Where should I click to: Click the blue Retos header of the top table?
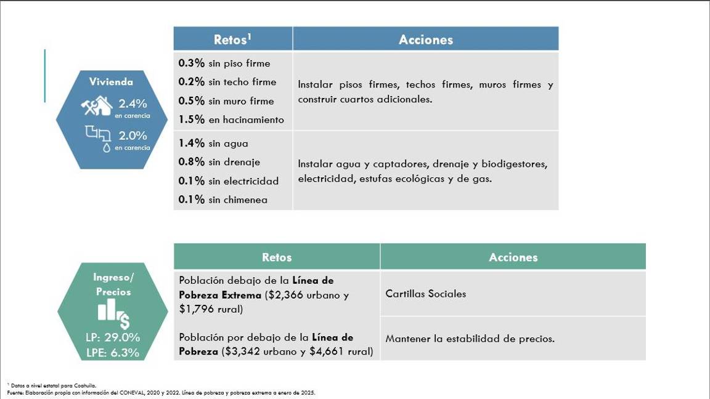[x=232, y=39]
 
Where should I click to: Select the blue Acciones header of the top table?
[x=425, y=39]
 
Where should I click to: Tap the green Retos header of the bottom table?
[x=277, y=257]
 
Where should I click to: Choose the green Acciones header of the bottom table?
[x=513, y=257]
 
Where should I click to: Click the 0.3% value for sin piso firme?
[x=191, y=63]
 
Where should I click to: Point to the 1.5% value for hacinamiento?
[x=191, y=119]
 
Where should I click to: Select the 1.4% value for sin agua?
[x=191, y=143]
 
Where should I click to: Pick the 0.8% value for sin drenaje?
[x=191, y=162]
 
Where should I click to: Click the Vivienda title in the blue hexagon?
[x=111, y=81]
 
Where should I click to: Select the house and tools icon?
[x=97, y=105]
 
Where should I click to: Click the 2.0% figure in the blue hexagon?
[x=133, y=135]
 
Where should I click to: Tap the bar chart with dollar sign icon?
[x=113, y=315]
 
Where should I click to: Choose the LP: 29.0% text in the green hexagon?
[x=113, y=337]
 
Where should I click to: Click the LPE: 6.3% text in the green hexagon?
[x=113, y=353]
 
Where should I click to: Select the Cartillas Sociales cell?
[x=425, y=294]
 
